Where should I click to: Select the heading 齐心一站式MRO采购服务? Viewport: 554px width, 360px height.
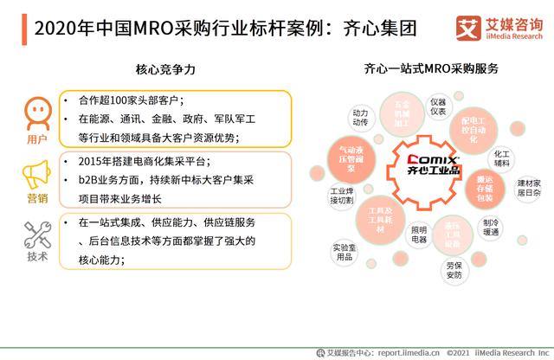[x=431, y=68]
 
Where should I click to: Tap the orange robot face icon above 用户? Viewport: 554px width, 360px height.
[x=35, y=112]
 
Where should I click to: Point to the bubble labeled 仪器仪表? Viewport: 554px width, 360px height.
[x=438, y=106]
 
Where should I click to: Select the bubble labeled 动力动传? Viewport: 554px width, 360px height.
[x=360, y=118]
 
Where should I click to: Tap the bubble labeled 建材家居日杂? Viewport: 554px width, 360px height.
[x=528, y=188]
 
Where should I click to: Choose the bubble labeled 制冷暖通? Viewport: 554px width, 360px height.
[x=491, y=227]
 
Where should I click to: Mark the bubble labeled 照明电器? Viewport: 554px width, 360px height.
[x=419, y=234]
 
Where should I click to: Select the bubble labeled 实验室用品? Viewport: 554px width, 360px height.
[x=344, y=252]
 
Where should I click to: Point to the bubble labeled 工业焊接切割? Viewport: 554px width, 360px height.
[x=341, y=196]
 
